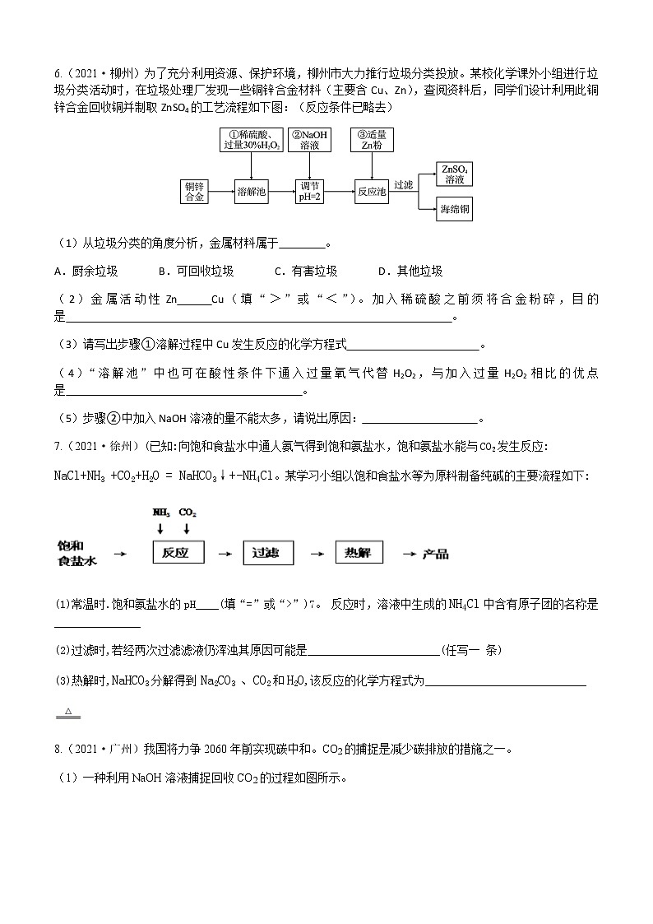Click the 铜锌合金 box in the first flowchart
195,192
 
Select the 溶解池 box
252,192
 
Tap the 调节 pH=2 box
313,192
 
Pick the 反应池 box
371,192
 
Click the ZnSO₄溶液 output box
455,174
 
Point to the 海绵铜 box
455,210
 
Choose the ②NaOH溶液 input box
314,140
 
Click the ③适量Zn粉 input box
373,140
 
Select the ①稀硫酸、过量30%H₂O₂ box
252,140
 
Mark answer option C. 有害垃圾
305,272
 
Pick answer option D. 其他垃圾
410,272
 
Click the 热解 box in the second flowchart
359,554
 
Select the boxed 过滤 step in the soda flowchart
268,554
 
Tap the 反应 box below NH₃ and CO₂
178,554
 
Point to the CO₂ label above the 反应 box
188,512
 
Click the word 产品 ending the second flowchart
436,555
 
